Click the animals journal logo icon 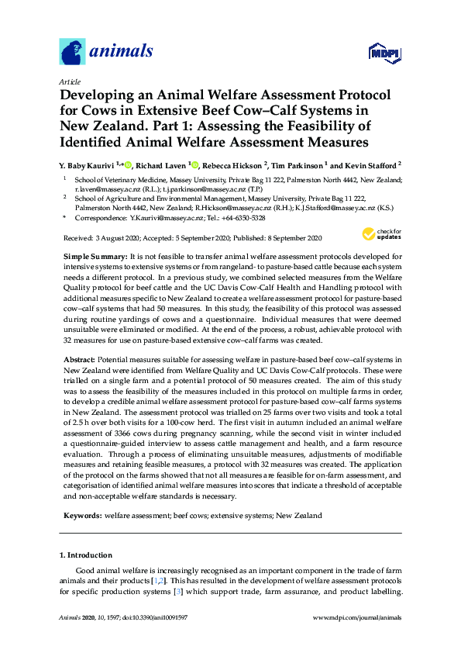[72, 52]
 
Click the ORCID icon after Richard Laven [196, 164]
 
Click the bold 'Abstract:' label [81, 360]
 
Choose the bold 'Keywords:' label [82, 515]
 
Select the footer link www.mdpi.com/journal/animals [356, 618]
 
